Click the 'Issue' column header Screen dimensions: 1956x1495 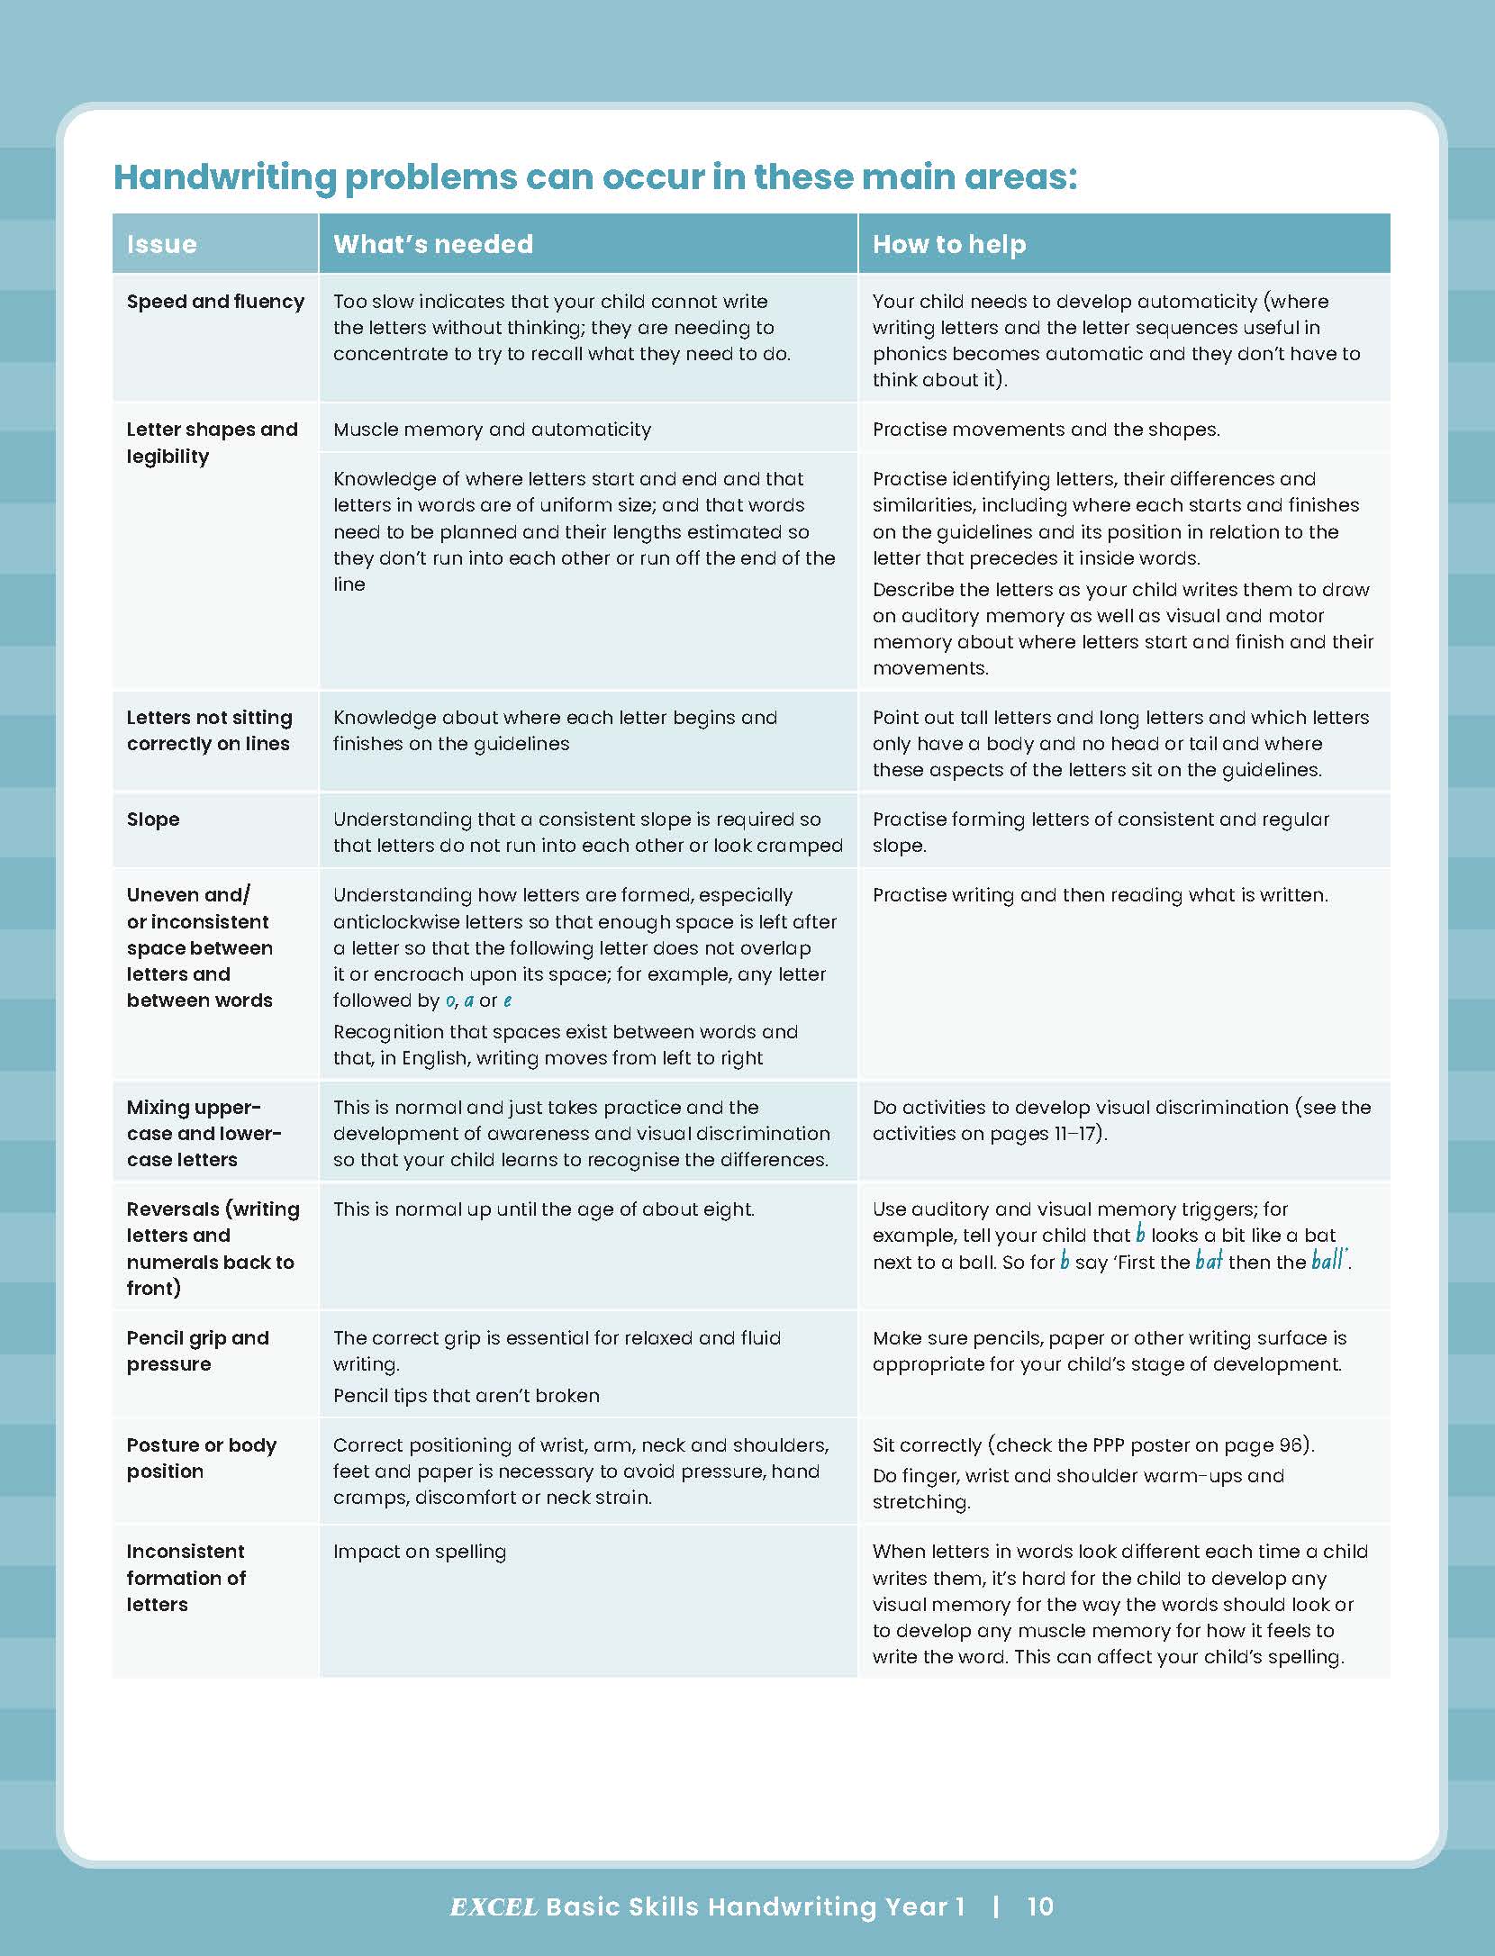(162, 244)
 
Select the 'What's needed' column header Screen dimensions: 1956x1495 (433, 244)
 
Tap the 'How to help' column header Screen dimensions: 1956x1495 (949, 244)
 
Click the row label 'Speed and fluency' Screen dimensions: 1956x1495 (215, 302)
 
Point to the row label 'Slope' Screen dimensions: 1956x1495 (153, 820)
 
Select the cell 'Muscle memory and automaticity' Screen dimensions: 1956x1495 (492, 430)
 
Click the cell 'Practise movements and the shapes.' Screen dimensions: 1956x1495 (1046, 430)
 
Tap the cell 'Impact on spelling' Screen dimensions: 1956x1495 (420, 1552)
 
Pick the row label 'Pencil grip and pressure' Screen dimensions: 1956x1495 (197, 1351)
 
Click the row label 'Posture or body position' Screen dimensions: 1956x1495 (201, 1458)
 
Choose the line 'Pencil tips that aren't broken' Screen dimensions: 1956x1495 (466, 1396)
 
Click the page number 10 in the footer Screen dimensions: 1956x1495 (1040, 1906)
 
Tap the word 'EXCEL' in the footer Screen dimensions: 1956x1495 (494, 1906)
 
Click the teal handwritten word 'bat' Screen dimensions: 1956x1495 (1209, 1261)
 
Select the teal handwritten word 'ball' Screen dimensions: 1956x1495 (1327, 1261)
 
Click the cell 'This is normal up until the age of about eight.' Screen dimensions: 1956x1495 (543, 1209)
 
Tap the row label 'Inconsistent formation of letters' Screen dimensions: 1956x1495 (186, 1578)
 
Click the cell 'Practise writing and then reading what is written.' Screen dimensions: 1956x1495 (1100, 895)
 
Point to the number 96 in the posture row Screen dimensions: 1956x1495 (1290, 1445)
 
